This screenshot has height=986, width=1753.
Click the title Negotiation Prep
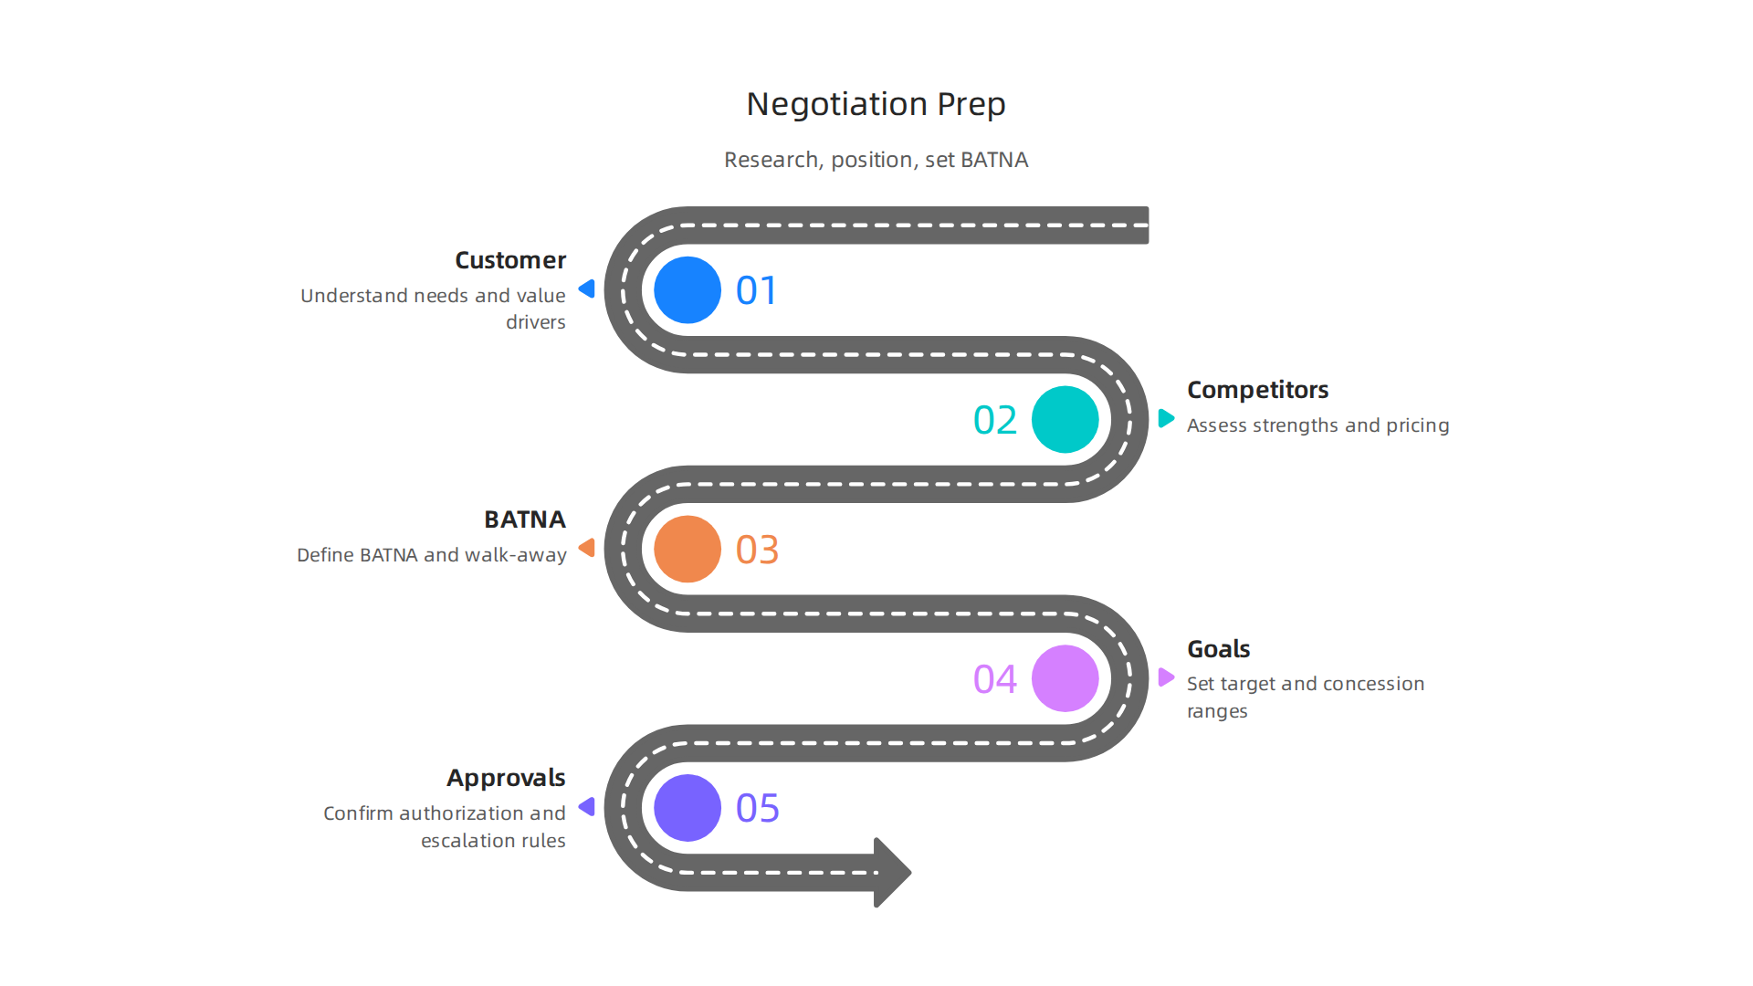pyautogui.click(x=876, y=104)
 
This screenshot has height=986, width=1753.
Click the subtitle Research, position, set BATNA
pyautogui.click(x=876, y=160)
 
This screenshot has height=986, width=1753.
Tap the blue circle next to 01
pyautogui.click(x=688, y=290)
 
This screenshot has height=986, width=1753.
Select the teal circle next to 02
pyautogui.click(x=1065, y=420)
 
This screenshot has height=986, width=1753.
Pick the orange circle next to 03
pyautogui.click(x=688, y=550)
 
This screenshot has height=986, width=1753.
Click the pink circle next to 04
pyautogui.click(x=1065, y=678)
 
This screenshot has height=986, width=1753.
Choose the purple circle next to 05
pyautogui.click(x=688, y=808)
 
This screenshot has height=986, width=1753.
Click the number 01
pyautogui.click(x=757, y=291)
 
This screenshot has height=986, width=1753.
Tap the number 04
pyautogui.click(x=995, y=679)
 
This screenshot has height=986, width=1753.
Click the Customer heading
pyautogui.click(x=510, y=260)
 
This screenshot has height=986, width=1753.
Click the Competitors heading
pyautogui.click(x=1257, y=390)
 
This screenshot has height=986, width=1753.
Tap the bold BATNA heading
pyautogui.click(x=525, y=519)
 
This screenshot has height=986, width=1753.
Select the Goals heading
pyautogui.click(x=1218, y=649)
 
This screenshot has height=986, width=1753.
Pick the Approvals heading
pyautogui.click(x=506, y=778)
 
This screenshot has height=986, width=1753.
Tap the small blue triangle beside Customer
pyautogui.click(x=587, y=289)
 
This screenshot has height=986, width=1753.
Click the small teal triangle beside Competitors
pyautogui.click(x=1166, y=418)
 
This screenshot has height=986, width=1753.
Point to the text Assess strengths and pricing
pyautogui.click(x=1317, y=425)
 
